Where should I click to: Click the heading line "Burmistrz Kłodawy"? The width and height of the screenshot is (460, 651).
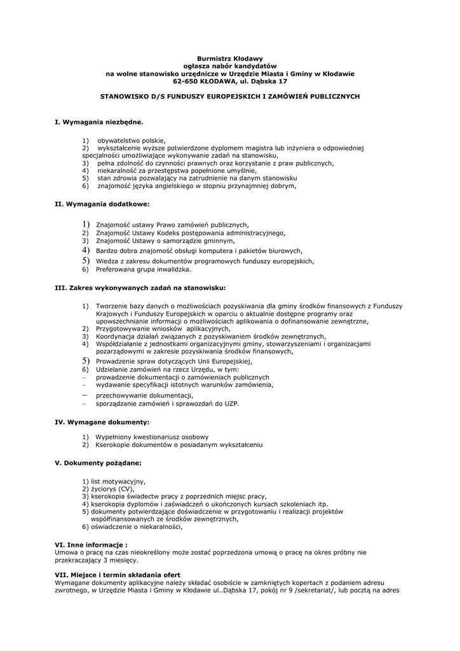tap(230, 58)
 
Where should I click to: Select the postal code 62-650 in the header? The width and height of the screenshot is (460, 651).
tap(187, 81)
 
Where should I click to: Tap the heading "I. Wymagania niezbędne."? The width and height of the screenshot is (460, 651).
tap(99, 121)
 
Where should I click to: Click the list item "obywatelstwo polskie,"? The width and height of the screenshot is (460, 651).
tap(131, 140)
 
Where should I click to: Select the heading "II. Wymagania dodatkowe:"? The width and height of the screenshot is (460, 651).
tap(102, 204)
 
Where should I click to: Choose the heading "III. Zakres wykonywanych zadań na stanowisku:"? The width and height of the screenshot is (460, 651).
tap(140, 287)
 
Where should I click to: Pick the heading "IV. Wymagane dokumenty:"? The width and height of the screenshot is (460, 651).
tap(102, 421)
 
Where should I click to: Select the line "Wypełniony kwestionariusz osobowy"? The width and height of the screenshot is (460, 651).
tap(152, 437)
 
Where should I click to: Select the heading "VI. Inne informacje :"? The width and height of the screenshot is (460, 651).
tap(91, 545)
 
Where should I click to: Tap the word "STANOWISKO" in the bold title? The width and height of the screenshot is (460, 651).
tap(125, 96)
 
